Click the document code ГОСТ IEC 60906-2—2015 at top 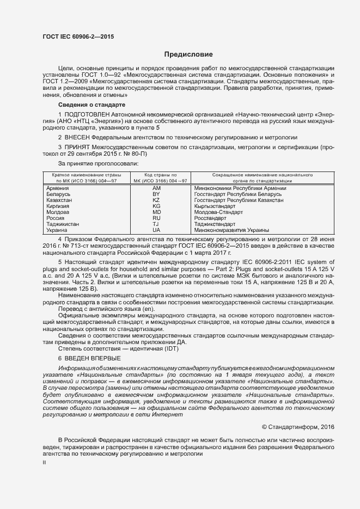[x=78, y=36]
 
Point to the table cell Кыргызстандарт [x=218, y=206]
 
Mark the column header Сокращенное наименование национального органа [x=254, y=177]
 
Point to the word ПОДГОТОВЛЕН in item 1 [x=87, y=115]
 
